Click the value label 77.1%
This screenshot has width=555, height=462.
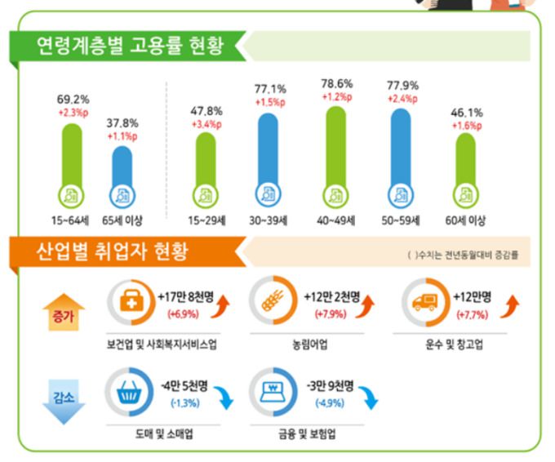click(270, 88)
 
